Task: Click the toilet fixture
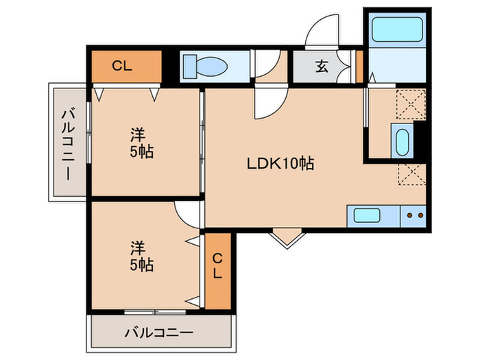[205, 67]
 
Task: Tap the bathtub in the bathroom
[397, 29]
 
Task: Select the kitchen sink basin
[367, 215]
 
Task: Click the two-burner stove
[413, 216]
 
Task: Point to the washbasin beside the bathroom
[403, 141]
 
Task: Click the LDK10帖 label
[280, 163]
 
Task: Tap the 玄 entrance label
[322, 66]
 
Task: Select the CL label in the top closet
[122, 66]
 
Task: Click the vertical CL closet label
[217, 266]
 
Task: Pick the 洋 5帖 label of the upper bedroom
[141, 143]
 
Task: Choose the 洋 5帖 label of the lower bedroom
[141, 256]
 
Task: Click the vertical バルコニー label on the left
[69, 144]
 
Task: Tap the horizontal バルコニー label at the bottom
[159, 332]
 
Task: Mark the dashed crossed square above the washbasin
[411, 104]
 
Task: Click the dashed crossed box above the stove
[412, 174]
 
